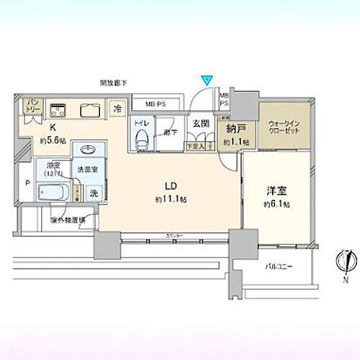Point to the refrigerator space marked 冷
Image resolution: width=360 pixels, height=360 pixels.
pos(115,109)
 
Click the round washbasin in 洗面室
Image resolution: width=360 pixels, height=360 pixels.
pos(89,150)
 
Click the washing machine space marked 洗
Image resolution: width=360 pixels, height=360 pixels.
pos(93,193)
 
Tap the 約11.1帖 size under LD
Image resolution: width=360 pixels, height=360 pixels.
pos(171,199)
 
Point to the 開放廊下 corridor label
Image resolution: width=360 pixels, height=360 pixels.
pos(114,84)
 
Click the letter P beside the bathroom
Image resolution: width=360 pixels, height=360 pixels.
pos(27,183)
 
